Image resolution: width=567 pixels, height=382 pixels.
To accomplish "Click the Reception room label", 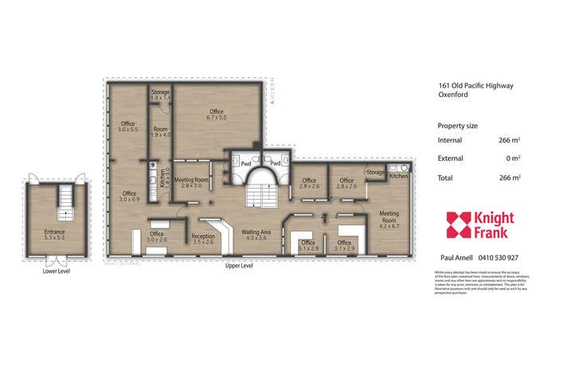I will coord(203,238).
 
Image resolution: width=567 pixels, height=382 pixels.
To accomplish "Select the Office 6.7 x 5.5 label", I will coord(216,114).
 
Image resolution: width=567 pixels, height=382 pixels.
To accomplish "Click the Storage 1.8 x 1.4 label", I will coord(161,95).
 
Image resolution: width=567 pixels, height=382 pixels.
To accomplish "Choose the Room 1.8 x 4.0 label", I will coord(161,132).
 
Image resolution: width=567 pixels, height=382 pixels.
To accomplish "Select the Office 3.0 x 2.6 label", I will coord(157,236).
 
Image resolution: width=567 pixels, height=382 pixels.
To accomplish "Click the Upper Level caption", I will coord(239,265).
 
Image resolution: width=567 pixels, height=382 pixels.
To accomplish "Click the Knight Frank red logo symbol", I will coord(459,224).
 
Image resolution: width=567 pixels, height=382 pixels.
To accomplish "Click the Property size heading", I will coord(458,126).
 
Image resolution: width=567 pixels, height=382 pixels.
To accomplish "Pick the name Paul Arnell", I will coord(457,258).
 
